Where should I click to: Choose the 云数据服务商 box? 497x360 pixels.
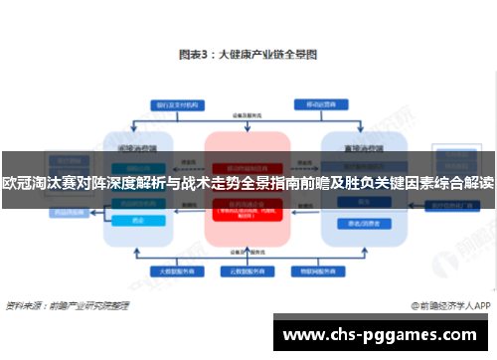point(247,270)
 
